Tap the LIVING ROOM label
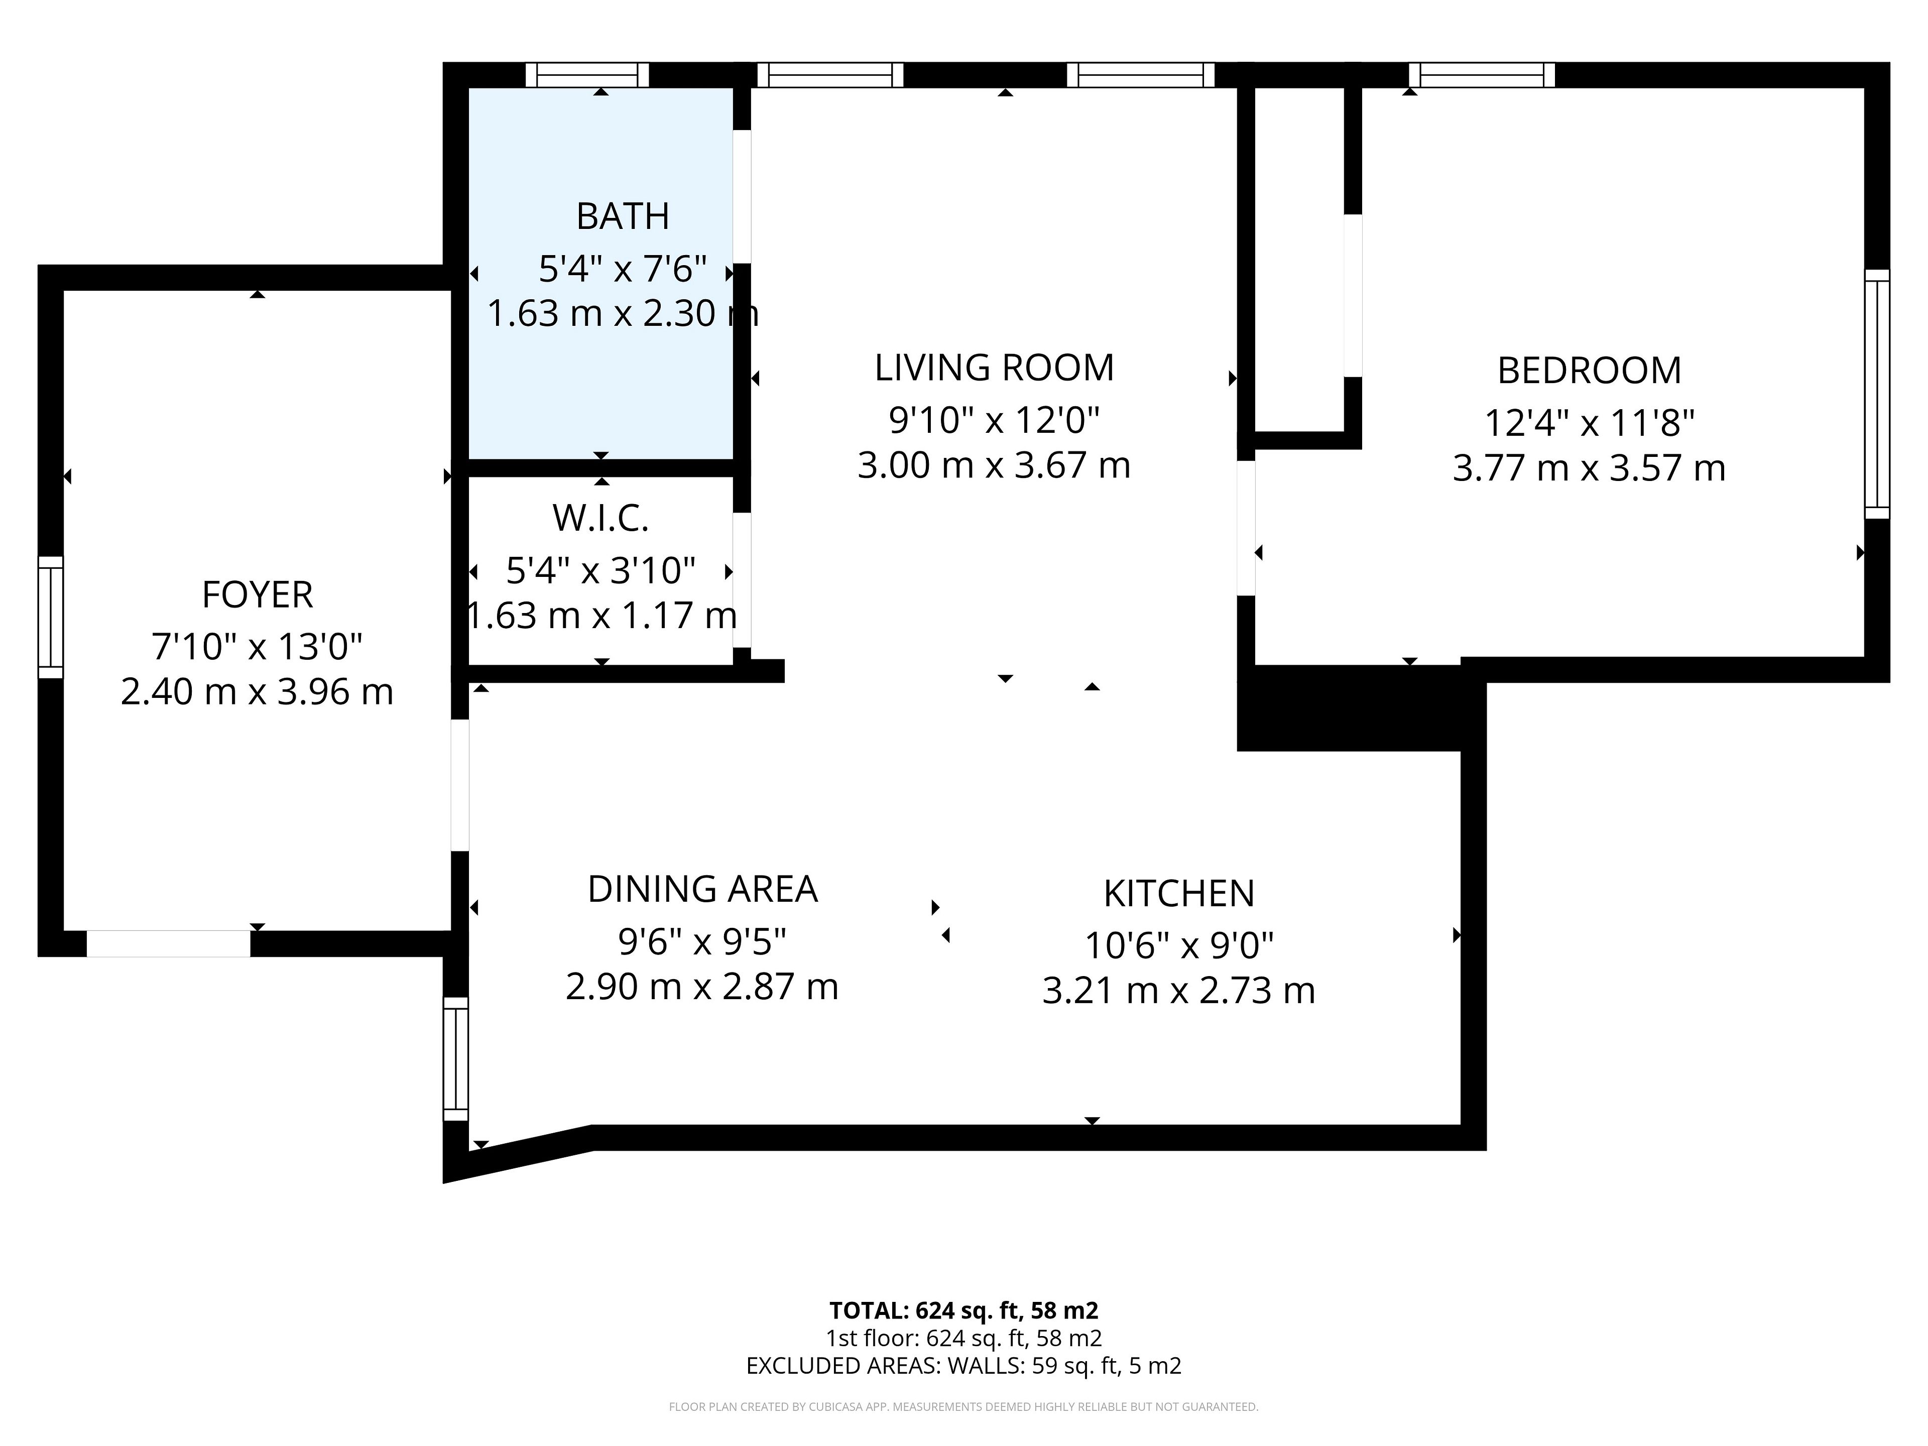995,368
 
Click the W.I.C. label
600,519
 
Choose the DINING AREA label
702,889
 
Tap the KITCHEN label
1179,893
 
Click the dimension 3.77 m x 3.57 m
1589,468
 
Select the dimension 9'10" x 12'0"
995,420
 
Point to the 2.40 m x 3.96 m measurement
257,692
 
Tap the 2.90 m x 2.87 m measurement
702,987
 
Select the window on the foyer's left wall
51,617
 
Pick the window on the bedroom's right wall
1877,394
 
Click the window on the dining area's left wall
456,1059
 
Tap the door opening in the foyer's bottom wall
168,944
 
